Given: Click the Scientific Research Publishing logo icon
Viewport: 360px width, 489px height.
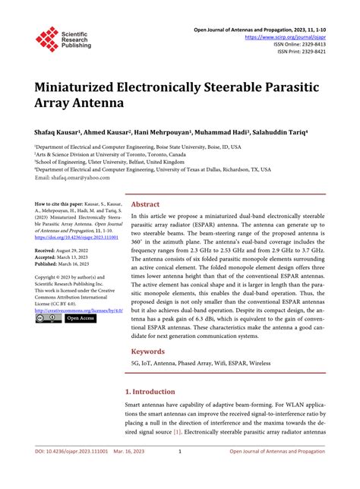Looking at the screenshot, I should (x=48, y=39).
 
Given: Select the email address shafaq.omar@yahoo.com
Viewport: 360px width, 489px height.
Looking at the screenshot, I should (x=74, y=178).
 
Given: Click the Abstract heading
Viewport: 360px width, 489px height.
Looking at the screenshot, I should (x=146, y=204).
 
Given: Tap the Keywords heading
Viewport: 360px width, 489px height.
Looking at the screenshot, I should (x=148, y=352).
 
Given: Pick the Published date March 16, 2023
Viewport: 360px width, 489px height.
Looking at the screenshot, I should (x=67, y=264).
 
